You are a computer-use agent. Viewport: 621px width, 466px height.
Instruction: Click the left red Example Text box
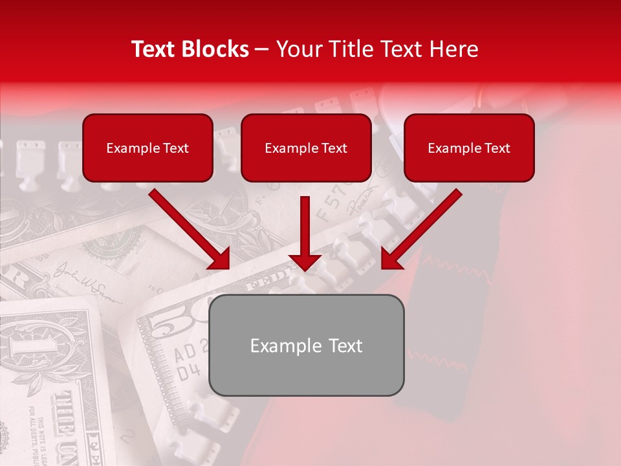pos(147,148)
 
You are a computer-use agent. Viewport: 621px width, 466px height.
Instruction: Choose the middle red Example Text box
pos(306,148)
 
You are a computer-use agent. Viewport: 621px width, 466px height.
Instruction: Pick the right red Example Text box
pos(469,148)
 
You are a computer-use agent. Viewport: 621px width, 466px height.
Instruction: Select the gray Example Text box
pos(306,346)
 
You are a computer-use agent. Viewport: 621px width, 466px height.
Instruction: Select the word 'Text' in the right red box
pos(497,148)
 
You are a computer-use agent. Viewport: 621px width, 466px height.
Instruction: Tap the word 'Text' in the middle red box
pos(334,148)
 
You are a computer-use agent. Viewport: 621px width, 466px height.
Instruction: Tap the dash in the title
pos(262,49)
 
